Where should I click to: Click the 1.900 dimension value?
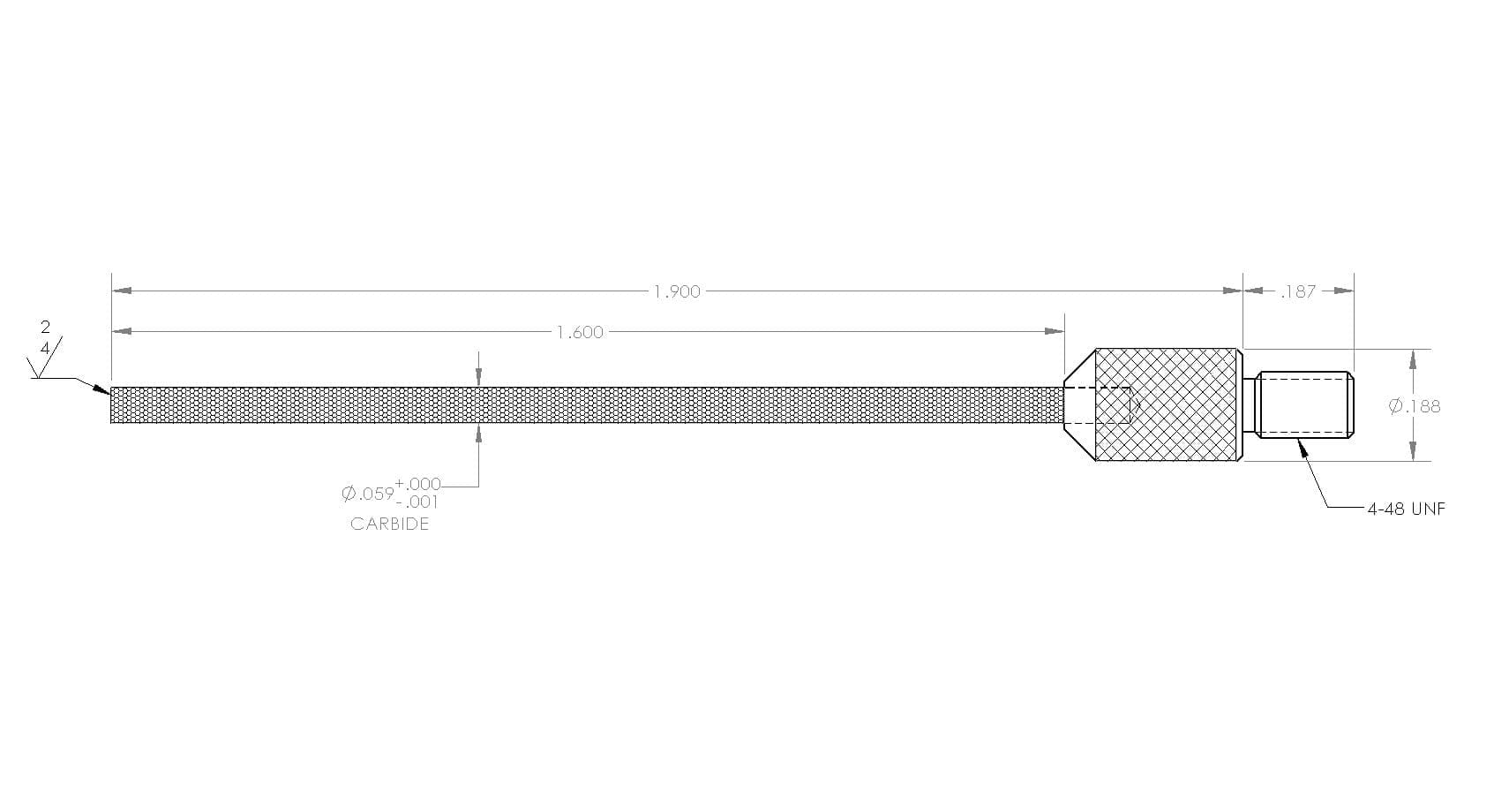click(x=677, y=291)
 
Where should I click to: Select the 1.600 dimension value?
click(x=581, y=332)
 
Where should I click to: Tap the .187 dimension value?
click(x=1299, y=291)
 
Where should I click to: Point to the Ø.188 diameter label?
click(x=1415, y=406)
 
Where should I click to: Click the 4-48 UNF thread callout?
click(x=1407, y=509)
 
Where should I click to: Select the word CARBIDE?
click(x=389, y=524)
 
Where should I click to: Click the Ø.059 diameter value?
click(x=367, y=494)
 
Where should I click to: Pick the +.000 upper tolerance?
click(x=418, y=484)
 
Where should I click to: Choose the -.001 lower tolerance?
click(x=421, y=502)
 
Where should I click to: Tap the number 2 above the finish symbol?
click(x=45, y=327)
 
